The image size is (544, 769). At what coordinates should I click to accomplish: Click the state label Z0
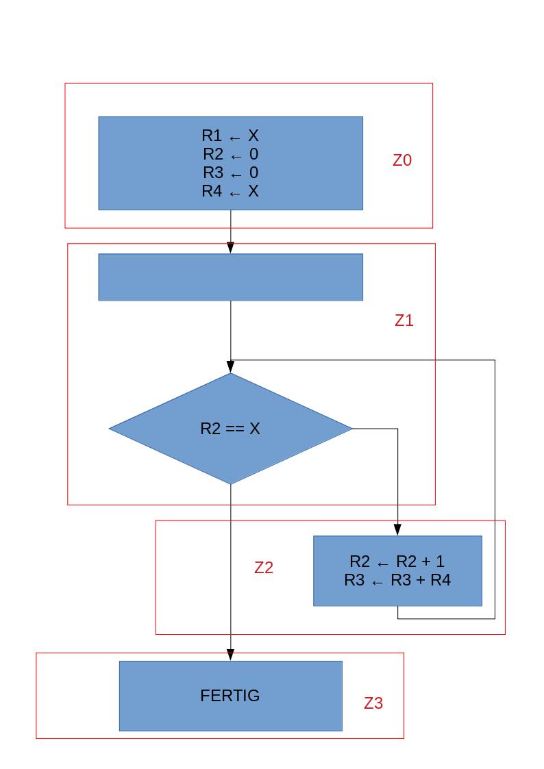click(402, 160)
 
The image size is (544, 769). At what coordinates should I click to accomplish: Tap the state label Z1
click(404, 320)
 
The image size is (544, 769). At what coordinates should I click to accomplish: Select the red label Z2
click(264, 568)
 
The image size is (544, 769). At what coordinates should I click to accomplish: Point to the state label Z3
click(373, 703)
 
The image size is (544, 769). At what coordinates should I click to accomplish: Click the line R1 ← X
click(230, 136)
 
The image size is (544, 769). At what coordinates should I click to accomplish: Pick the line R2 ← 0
click(230, 154)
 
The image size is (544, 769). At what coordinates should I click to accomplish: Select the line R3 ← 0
click(230, 173)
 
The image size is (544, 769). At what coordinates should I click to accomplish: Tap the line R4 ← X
click(230, 191)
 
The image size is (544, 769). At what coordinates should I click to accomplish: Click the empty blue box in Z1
click(230, 277)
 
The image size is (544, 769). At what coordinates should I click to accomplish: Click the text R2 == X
click(230, 429)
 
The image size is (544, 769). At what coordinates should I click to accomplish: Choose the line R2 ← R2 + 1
click(397, 562)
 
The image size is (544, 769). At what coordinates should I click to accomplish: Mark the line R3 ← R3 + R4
click(397, 581)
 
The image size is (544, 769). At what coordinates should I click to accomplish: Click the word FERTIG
click(230, 696)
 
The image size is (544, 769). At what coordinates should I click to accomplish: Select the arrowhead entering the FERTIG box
click(230, 655)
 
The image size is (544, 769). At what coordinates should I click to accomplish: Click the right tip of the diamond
click(351, 429)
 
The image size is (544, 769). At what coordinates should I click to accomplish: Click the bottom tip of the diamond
click(230, 483)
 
